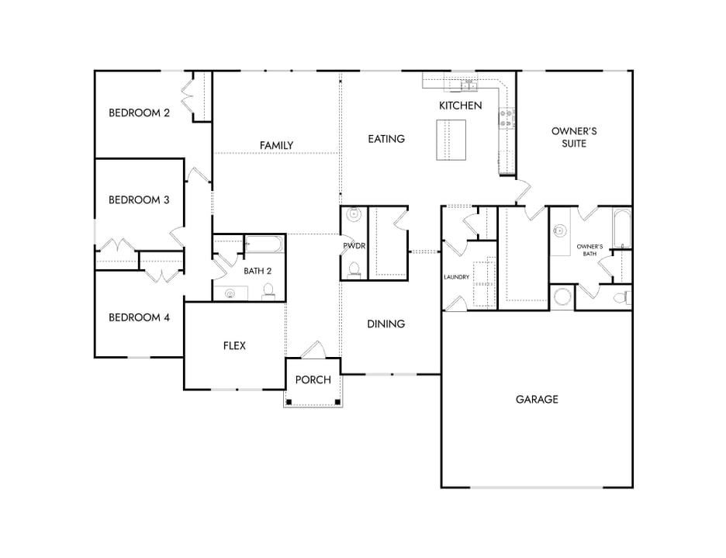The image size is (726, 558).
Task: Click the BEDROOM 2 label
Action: [x=139, y=113]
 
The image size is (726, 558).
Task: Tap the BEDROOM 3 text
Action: [x=139, y=199]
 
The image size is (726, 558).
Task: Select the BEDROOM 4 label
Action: [x=139, y=317]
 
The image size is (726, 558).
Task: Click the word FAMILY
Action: [x=276, y=145]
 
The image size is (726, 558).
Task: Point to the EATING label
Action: [x=386, y=139]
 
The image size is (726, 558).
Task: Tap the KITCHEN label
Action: [x=461, y=106]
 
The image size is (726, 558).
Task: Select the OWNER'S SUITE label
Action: [x=574, y=137]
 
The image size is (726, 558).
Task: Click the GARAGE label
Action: [x=537, y=400]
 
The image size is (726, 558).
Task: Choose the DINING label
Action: [x=386, y=324]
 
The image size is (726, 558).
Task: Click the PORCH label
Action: [x=313, y=380]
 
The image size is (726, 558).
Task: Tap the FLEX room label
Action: [x=234, y=345]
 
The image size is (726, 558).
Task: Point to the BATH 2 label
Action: [x=258, y=271]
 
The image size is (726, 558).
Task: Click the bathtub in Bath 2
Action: [x=264, y=245]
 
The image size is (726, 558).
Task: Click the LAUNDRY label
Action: [x=457, y=277]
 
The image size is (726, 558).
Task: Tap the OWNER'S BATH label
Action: [x=590, y=250]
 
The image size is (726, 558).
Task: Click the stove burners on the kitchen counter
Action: [x=506, y=118]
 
